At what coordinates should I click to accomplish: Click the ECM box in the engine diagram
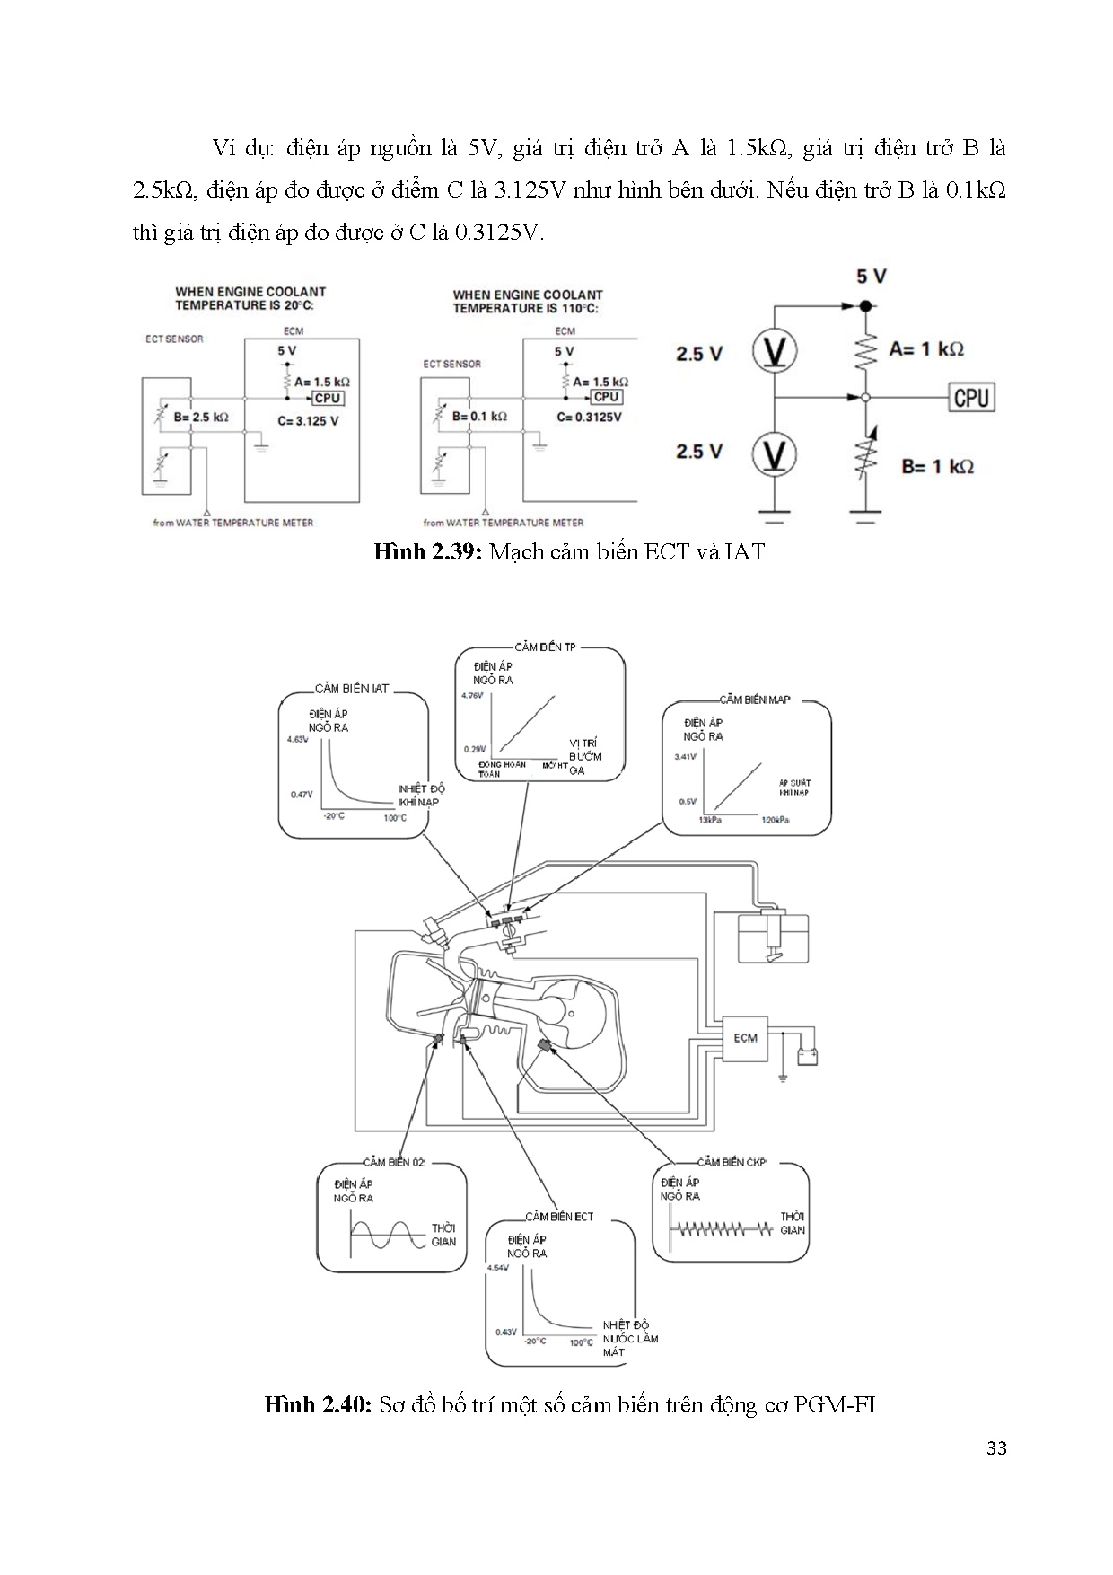tap(745, 1038)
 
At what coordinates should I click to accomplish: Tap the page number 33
tap(995, 1474)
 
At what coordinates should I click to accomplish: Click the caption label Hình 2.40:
tap(318, 1404)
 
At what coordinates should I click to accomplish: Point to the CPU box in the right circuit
tap(971, 396)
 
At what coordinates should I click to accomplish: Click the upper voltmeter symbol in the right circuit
tap(774, 351)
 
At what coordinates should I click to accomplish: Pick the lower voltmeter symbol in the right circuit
tap(774, 453)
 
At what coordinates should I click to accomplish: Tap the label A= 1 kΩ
tap(925, 349)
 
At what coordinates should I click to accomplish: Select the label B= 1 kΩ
tap(937, 466)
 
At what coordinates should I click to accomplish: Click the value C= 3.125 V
tap(309, 420)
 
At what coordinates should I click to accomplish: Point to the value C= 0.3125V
tap(589, 417)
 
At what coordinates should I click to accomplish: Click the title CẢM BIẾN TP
tap(545, 647)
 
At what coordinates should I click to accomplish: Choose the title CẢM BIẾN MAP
tap(754, 700)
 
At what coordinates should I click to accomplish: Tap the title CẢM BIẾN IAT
tap(352, 689)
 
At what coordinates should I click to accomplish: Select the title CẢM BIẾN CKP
tap(731, 1161)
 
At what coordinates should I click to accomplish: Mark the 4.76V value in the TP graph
tap(472, 696)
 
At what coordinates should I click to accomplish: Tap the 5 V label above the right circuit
tap(871, 276)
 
